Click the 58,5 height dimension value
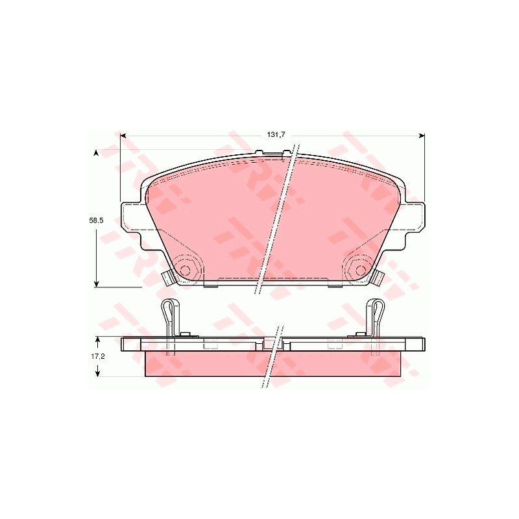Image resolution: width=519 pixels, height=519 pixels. [96, 221]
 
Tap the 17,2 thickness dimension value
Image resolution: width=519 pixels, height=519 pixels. [98, 356]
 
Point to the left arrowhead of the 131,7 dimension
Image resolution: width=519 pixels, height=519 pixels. [123, 136]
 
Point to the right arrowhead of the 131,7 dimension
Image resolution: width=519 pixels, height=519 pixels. [421, 136]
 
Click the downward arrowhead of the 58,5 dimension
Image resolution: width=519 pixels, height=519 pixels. [96, 284]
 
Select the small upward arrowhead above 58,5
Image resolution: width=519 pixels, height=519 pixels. [96, 152]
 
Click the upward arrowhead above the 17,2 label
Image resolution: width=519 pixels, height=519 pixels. [98, 340]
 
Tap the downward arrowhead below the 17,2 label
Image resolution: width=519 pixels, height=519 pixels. [98, 373]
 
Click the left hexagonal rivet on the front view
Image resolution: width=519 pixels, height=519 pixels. [186, 270]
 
